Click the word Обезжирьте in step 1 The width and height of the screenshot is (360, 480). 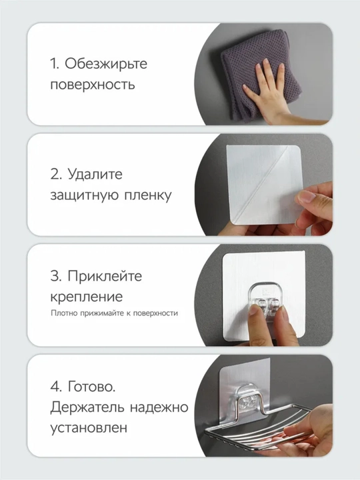tap(106, 64)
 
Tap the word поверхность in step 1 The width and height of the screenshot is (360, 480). tap(93, 85)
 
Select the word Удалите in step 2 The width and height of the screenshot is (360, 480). tap(95, 175)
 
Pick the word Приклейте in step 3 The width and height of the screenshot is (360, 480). tap(105, 276)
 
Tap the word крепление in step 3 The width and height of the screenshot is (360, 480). tap(86, 297)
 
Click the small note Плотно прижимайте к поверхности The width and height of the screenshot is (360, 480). tap(114, 313)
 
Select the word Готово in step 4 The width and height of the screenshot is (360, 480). tap(91, 386)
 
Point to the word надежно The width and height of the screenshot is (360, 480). tap(159, 407)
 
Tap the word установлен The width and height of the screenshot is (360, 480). tap(89, 428)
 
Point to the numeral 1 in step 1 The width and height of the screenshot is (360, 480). tap(53, 64)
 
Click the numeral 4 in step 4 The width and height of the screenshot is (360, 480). tap(56, 386)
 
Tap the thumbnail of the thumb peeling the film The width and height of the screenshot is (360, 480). tap(305, 196)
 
